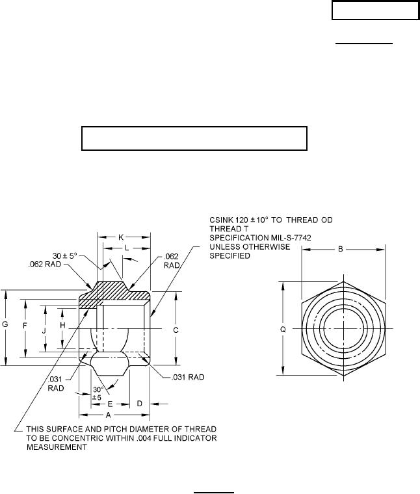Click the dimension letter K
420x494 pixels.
(x=121, y=237)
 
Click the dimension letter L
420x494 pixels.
(x=127, y=248)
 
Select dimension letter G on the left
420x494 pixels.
(x=5, y=324)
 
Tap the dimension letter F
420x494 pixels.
(x=25, y=326)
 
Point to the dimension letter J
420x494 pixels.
(x=44, y=331)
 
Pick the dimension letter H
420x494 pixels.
(x=62, y=326)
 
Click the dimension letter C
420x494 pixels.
(x=176, y=330)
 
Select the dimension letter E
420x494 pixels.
(x=110, y=404)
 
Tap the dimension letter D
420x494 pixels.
(x=140, y=404)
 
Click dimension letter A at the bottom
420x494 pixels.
(x=109, y=415)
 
